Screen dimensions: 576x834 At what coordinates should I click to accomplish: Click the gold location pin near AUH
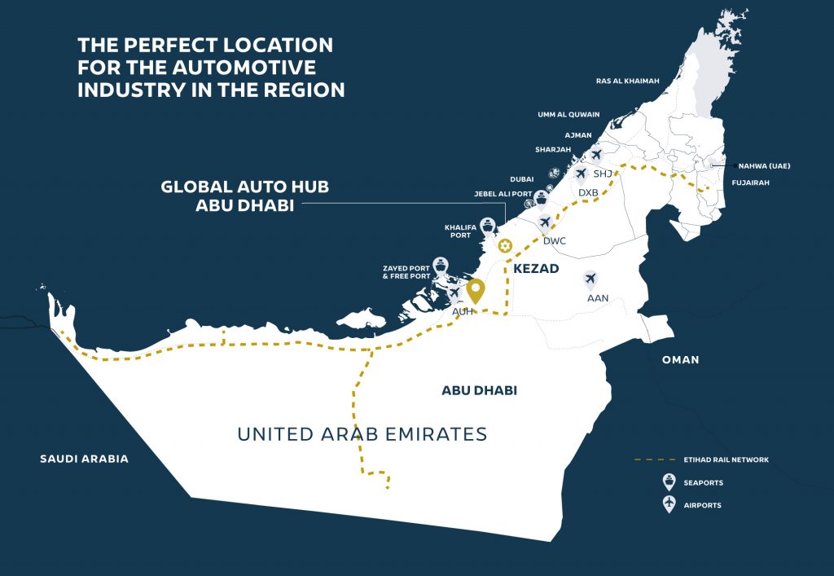coord(476,290)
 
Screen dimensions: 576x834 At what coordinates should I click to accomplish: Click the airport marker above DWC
coord(546,222)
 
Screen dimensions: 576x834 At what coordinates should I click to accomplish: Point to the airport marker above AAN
coord(591,279)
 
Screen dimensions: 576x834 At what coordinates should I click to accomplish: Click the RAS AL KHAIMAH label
coord(627,81)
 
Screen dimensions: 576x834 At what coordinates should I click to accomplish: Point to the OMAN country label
coord(680,359)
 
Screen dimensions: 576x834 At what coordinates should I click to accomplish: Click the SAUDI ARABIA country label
coord(84,459)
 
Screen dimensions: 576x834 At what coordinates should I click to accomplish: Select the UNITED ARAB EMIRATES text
coord(362,434)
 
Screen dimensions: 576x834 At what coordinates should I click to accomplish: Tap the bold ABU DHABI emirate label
coord(479,391)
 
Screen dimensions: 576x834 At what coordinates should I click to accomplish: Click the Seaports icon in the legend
coord(669,481)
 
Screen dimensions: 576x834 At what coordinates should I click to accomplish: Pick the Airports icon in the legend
coord(669,504)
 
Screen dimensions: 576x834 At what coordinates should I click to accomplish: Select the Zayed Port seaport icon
coord(441,266)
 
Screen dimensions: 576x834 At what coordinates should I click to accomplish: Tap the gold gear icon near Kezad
coord(505,245)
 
